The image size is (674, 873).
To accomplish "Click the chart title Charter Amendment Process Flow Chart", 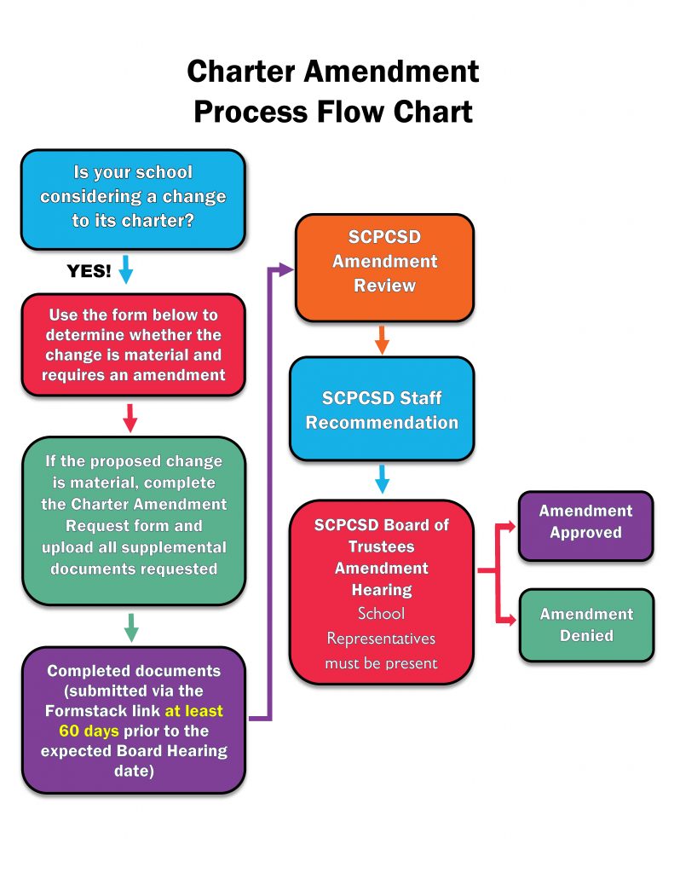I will pyautogui.click(x=333, y=90).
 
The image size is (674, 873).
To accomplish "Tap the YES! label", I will pyautogui.click(x=89, y=271).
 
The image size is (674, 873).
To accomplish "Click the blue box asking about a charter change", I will pyautogui.click(x=133, y=198).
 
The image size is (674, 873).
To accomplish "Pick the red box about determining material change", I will pyautogui.click(x=133, y=344).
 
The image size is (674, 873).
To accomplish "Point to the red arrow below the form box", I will pyautogui.click(x=130, y=418).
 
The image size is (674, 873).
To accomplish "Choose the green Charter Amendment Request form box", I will pyautogui.click(x=133, y=515).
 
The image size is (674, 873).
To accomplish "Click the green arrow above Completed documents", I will pyautogui.click(x=130, y=627).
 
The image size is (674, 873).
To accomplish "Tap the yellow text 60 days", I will pyautogui.click(x=89, y=731).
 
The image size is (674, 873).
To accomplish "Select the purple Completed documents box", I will pyautogui.click(x=133, y=720).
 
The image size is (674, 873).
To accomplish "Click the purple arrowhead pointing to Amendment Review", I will pyautogui.click(x=285, y=269).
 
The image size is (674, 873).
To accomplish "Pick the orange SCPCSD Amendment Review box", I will pyautogui.click(x=384, y=261).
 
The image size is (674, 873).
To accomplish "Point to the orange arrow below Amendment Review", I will pyautogui.click(x=382, y=339).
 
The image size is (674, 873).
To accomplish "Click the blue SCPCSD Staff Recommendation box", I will pyautogui.click(x=382, y=410).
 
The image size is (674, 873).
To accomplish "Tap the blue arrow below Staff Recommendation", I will pyautogui.click(x=382, y=480).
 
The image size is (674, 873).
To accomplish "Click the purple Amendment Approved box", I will pyautogui.click(x=585, y=522).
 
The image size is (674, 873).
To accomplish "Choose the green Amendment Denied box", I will pyautogui.click(x=585, y=625).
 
